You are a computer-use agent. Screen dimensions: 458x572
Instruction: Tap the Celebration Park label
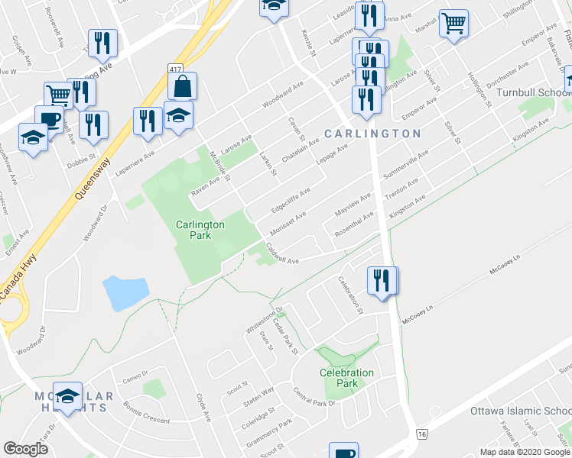[x=346, y=378]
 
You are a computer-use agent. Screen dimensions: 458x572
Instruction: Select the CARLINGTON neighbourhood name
[x=372, y=134]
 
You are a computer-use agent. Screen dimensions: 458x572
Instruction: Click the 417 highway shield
[x=175, y=70]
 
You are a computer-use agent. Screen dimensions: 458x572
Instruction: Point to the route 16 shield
[x=421, y=434]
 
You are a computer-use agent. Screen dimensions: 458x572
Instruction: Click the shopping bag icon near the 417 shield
[x=183, y=88]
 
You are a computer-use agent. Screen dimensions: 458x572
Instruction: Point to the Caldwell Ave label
[x=281, y=254]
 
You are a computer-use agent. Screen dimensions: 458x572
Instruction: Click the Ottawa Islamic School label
[x=520, y=411]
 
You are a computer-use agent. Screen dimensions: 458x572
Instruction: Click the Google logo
[x=26, y=448]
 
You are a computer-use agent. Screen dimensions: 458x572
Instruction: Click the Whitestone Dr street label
[x=264, y=320]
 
